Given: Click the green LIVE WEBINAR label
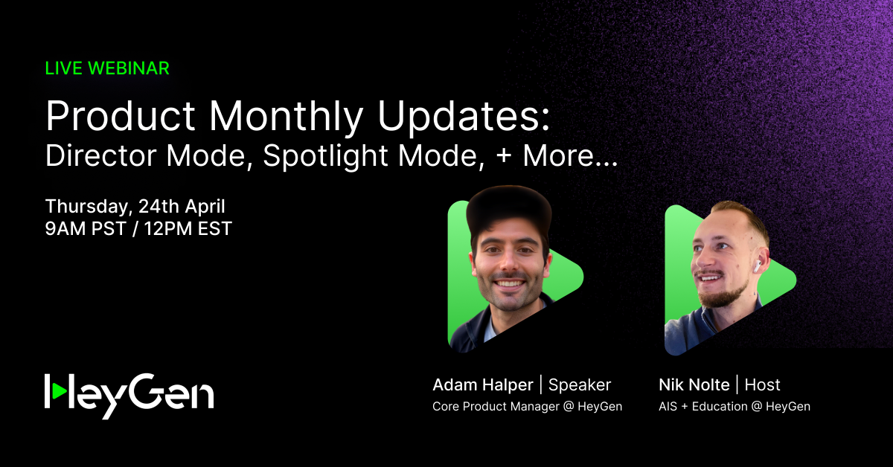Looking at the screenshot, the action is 107,68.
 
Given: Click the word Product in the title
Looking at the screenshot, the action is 121,116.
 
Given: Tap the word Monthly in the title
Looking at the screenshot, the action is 286,118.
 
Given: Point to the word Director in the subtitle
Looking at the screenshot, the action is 101,155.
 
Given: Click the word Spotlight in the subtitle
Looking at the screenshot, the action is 325,157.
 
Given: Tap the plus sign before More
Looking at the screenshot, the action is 504,156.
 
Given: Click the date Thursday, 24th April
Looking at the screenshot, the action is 135,207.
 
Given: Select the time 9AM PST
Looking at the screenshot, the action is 86,229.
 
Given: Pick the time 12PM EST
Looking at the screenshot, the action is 188,229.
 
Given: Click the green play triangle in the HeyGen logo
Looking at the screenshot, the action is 59,391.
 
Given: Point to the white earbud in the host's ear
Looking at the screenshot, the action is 757,265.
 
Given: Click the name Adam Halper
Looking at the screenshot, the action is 483,385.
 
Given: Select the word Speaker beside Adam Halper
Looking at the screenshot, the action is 580,385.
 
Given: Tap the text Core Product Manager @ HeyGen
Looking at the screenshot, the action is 528,407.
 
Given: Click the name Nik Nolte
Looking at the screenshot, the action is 694,385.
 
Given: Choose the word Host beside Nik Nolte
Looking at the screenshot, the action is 762,385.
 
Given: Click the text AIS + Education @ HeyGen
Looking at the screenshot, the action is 734,407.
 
